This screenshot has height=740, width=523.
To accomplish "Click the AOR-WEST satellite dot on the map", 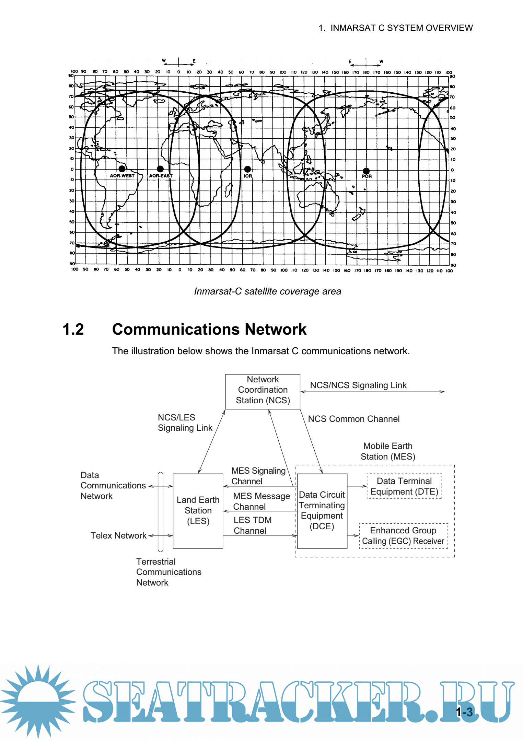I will (122, 169).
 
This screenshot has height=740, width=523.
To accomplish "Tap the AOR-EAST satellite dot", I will (160, 169).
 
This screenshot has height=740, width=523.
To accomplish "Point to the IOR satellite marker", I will (247, 169).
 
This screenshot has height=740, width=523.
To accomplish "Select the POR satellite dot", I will (366, 171).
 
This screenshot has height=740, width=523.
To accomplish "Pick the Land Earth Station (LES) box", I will (198, 510).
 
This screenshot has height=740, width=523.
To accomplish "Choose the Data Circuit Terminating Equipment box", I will (322, 510).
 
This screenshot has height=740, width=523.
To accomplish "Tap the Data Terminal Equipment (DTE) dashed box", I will (404, 486).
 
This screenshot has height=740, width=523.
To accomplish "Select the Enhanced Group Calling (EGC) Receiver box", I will (403, 536).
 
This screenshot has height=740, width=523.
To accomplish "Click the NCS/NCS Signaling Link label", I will (358, 385).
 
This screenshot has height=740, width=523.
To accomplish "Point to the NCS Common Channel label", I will (353, 419).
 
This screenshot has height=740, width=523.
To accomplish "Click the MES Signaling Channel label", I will (258, 476).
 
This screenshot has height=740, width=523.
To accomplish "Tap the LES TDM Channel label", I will (252, 525).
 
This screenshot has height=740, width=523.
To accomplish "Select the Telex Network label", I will (118, 535).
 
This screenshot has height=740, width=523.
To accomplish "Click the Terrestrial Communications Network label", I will (168, 572).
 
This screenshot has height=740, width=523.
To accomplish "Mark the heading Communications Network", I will (209, 329).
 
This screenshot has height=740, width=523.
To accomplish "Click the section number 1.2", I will (73, 329).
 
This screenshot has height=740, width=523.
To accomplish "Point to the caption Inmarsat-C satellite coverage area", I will (267, 291).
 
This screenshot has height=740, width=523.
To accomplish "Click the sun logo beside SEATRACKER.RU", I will (38, 700).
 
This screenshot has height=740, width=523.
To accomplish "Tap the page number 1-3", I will (464, 712).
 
